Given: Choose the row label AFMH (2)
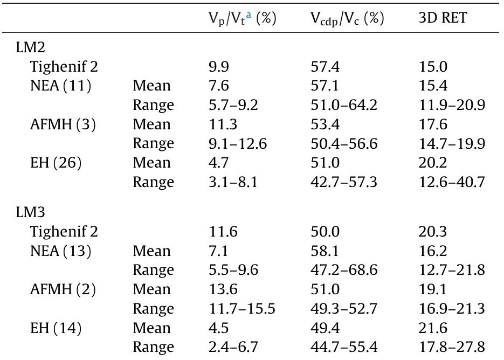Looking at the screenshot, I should point(63,289).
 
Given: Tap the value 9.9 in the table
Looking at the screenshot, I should point(219,67).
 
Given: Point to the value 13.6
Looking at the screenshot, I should point(222,289).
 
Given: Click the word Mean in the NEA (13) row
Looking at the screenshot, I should point(151,251).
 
